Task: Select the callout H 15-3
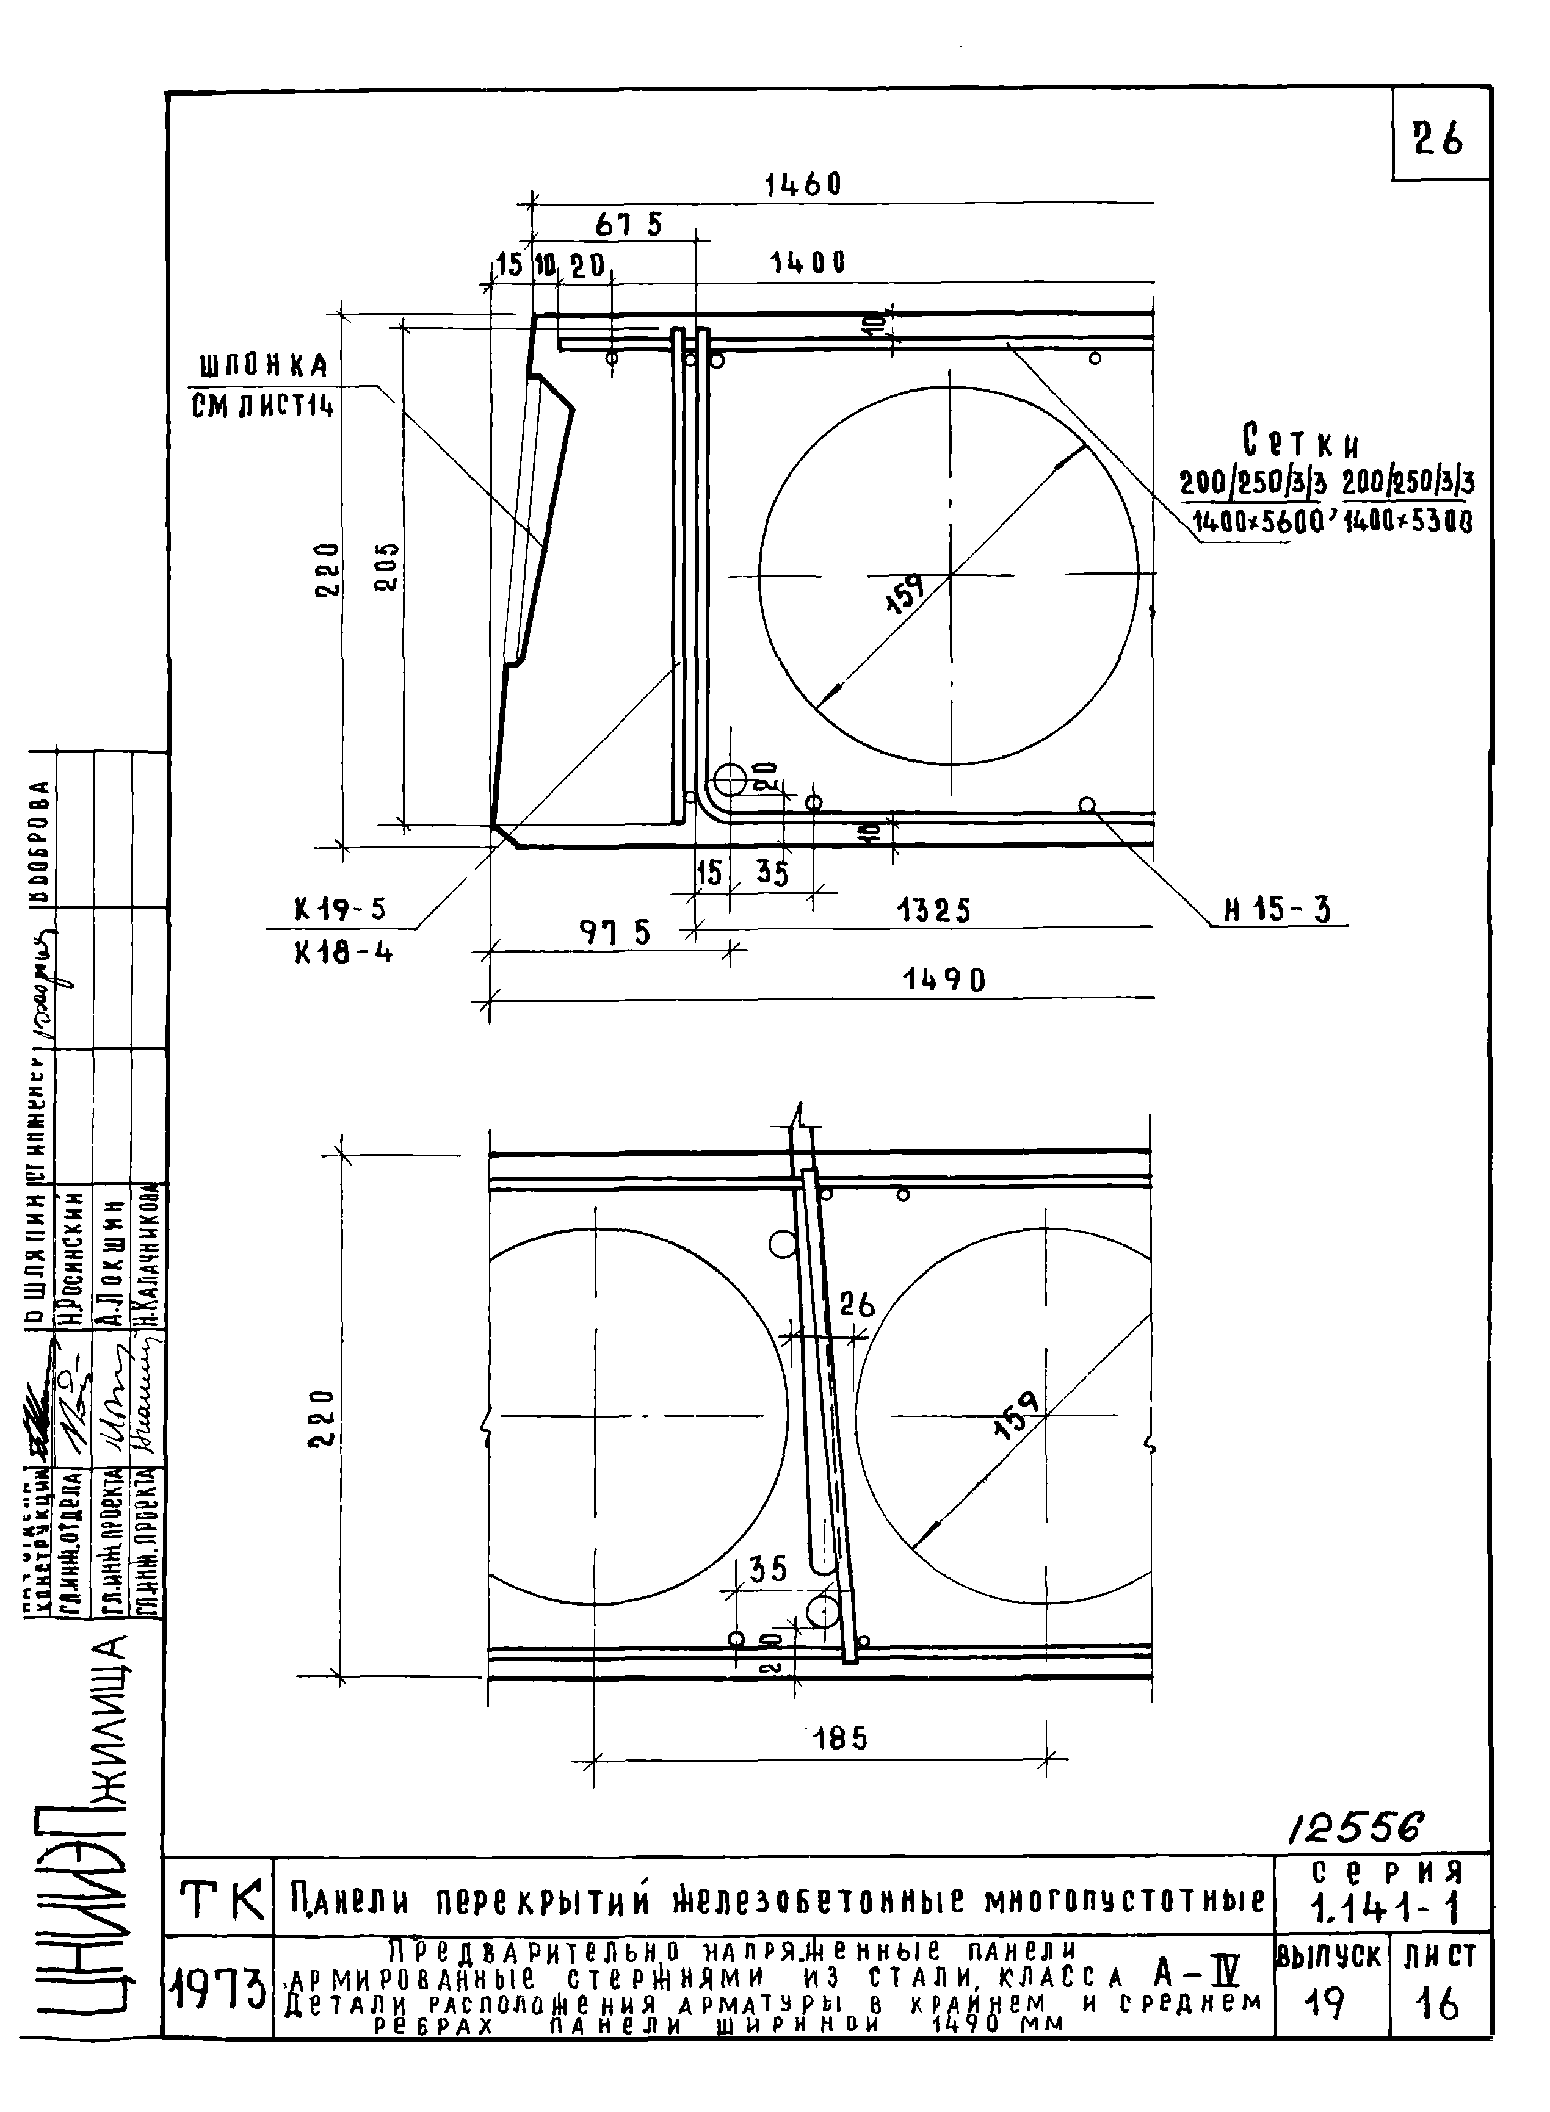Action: point(1277,910)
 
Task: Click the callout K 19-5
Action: point(339,910)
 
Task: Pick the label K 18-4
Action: point(344,953)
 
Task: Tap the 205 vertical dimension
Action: point(386,566)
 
